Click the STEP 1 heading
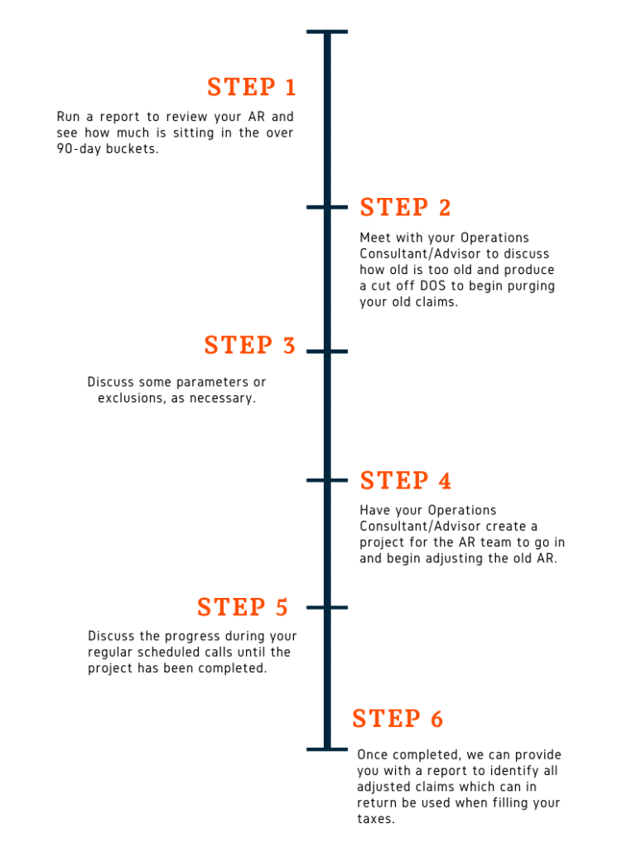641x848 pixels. tap(252, 87)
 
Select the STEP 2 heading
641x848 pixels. tap(405, 207)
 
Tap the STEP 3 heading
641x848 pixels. tap(250, 345)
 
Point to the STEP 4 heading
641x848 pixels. tap(406, 480)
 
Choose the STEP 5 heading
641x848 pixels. tap(243, 607)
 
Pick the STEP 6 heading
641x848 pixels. tap(398, 719)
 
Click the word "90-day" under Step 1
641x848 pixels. tap(79, 149)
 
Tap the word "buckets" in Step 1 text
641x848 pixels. tap(132, 149)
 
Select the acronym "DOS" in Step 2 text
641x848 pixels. tap(433, 286)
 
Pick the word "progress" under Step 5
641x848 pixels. tap(193, 637)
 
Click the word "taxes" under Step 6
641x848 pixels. tap(374, 819)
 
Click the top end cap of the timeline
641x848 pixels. tap(327, 32)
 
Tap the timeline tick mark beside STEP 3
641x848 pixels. tap(327, 351)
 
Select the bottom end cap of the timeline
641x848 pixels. tap(327, 749)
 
